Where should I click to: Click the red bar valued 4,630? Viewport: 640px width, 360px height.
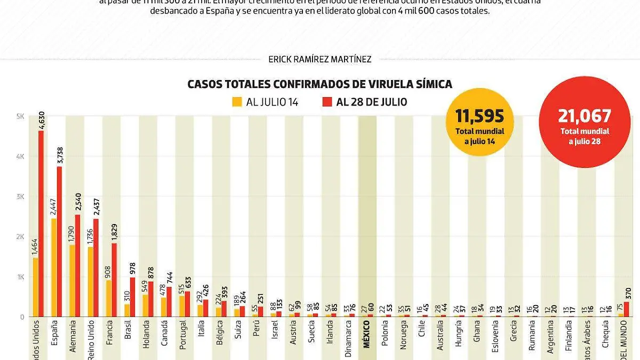coord(41,224)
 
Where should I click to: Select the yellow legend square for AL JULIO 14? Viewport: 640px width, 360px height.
coord(237,102)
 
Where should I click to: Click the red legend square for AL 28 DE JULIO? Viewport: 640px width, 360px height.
coord(327,102)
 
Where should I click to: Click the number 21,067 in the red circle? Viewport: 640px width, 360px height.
coord(585,116)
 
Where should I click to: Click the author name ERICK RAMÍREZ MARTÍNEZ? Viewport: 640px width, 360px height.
coord(320,59)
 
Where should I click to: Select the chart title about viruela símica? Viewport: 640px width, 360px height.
coord(319,84)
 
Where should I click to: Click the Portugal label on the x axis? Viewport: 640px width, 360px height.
coord(183,339)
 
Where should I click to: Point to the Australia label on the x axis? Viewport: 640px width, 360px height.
coord(439,339)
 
